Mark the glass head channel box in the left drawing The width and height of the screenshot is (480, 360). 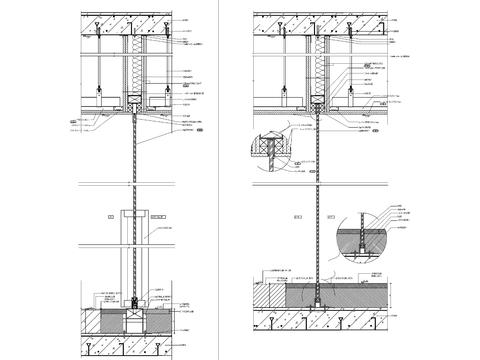133,100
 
